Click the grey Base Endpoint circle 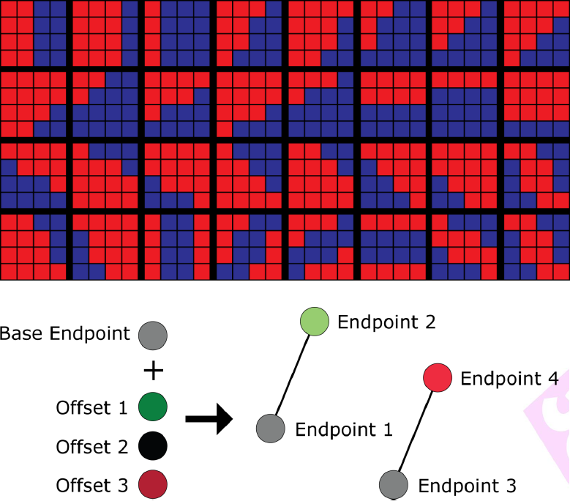coord(153,336)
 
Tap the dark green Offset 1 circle coord(153,407)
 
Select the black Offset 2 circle coord(153,446)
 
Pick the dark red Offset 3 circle coord(153,485)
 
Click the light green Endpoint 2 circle coord(315,322)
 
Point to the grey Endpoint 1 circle coord(271,429)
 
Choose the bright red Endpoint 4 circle coord(438,378)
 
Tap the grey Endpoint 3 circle coord(394,484)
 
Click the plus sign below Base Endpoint coord(154,371)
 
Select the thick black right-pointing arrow coord(209,419)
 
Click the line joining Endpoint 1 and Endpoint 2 coord(293,375)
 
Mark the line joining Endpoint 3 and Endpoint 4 coord(416,431)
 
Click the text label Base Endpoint coord(64,333)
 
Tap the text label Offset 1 coord(91,407)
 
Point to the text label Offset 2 coord(92,447)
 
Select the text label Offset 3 coord(92,486)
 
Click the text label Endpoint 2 coord(386,322)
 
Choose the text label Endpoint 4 coord(509,379)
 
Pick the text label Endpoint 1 coord(344,430)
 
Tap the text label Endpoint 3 coord(467,486)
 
